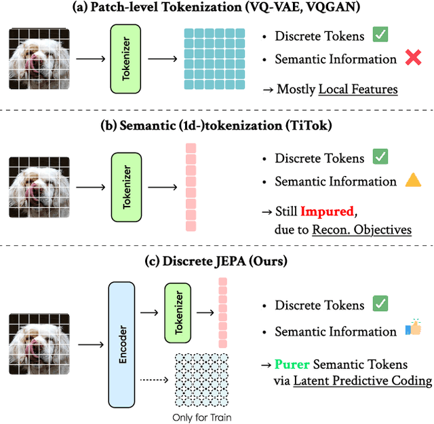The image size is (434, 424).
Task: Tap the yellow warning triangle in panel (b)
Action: (413, 181)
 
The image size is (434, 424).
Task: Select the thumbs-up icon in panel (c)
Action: (412, 330)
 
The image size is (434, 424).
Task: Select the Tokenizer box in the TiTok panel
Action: (125, 188)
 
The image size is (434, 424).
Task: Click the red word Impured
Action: (327, 211)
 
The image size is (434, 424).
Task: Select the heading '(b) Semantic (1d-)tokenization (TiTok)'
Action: (216, 131)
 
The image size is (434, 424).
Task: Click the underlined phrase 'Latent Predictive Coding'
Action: (362, 381)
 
